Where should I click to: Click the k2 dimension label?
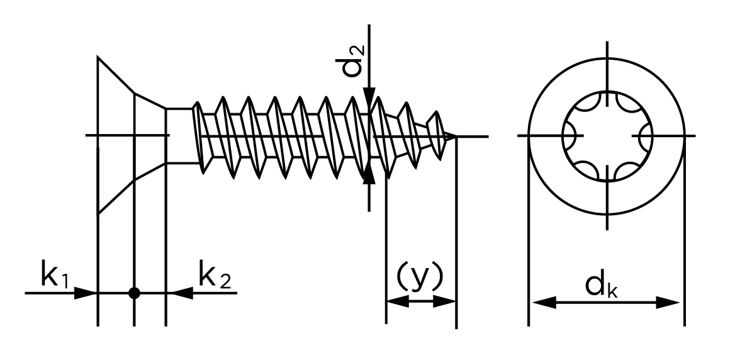pyautogui.click(x=214, y=277)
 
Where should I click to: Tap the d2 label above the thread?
pyautogui.click(x=355, y=60)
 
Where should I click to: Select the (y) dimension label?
pyautogui.click(x=419, y=277)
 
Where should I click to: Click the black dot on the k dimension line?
pyautogui.click(x=133, y=293)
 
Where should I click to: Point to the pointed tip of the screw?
pyautogui.click(x=455, y=136)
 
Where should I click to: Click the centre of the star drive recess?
pyautogui.click(x=607, y=136)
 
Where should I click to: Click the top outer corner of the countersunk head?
pyautogui.click(x=98, y=57)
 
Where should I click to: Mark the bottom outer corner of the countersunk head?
pyautogui.click(x=98, y=215)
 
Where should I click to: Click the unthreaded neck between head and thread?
pyautogui.click(x=179, y=136)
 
